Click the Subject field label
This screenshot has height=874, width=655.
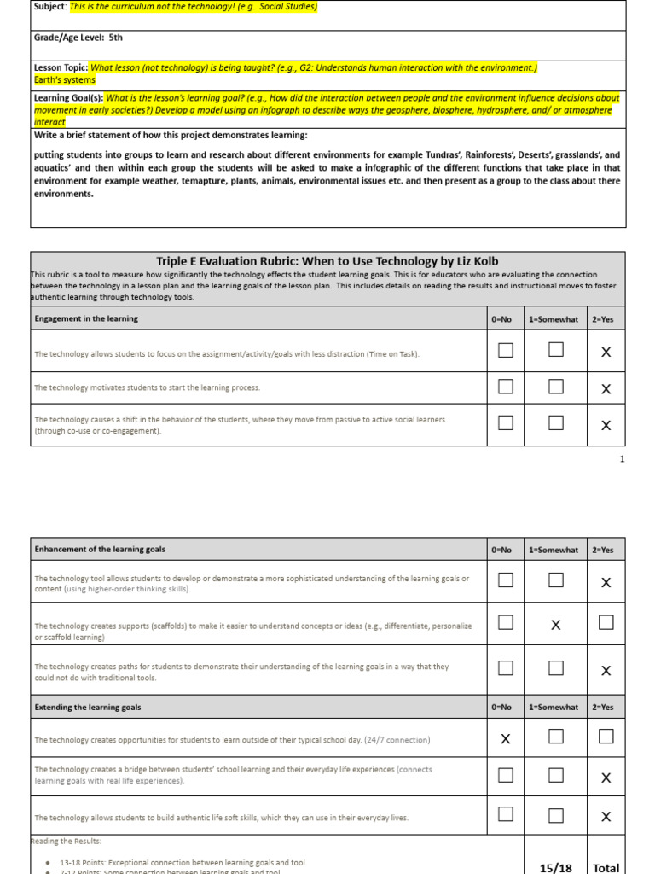tap(49, 7)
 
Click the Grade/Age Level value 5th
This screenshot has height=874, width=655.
tap(116, 38)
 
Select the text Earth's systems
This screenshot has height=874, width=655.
tap(59, 79)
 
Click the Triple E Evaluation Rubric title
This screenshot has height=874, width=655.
tap(327, 260)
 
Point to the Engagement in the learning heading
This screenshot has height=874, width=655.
tap(86, 318)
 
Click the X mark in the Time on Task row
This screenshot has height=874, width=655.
tap(606, 352)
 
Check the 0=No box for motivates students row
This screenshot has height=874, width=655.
tap(506, 387)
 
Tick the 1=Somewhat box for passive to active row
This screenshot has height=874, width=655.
tap(556, 423)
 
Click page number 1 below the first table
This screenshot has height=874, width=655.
tap(622, 459)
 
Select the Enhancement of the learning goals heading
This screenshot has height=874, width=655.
tap(100, 550)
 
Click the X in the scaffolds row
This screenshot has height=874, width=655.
tap(556, 625)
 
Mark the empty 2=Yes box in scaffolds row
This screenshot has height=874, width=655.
tap(606, 623)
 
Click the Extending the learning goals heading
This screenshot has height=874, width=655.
tap(88, 707)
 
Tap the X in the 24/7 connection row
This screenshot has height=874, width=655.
tap(506, 739)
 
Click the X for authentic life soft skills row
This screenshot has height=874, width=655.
tap(606, 816)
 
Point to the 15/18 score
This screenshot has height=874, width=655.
tap(556, 867)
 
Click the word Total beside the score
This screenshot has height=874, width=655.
tap(606, 867)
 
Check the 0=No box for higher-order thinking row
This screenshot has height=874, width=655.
tap(506, 580)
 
